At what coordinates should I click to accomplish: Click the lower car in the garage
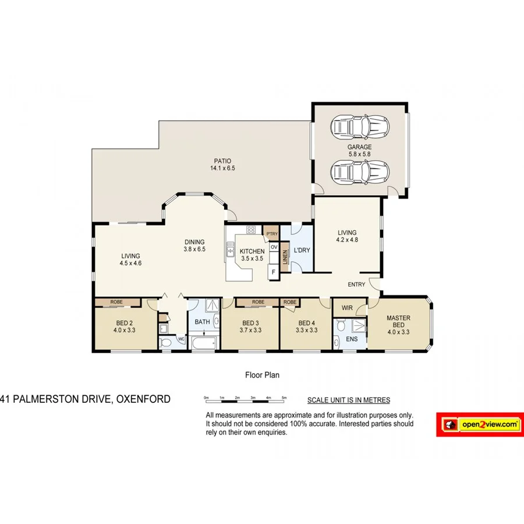[x=359, y=172]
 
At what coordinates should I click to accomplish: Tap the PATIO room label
[x=222, y=161]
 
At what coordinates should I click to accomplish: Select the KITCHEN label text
[x=252, y=252]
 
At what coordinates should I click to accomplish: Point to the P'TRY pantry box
[x=271, y=234]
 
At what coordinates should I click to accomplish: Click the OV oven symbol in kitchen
[x=274, y=247]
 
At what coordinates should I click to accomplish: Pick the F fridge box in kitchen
[x=272, y=271]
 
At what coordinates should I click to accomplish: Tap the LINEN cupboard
[x=285, y=257]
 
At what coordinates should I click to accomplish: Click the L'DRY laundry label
[x=301, y=250]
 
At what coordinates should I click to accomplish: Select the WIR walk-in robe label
[x=347, y=307]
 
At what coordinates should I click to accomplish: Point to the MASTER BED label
[x=398, y=322]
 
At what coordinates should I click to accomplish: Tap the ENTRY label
[x=356, y=285]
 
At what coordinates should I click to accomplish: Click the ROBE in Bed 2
[x=116, y=302]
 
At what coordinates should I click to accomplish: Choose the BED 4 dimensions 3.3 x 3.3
[x=307, y=330]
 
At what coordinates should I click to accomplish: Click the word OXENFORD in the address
[x=143, y=399]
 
